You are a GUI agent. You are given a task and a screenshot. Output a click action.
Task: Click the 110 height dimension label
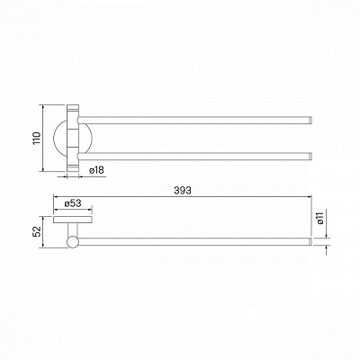click(36, 138)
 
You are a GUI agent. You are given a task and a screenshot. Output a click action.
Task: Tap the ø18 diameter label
click(96, 170)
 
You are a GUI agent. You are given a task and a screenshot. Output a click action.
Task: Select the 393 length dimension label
click(183, 190)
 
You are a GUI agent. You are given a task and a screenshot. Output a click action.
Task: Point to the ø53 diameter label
click(73, 203)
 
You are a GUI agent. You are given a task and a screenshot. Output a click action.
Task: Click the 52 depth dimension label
click(36, 231)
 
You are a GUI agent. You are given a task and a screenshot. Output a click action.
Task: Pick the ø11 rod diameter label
click(320, 218)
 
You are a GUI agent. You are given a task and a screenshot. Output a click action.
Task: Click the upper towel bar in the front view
click(194, 120)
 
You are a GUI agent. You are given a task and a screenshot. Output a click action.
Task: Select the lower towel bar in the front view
click(194, 156)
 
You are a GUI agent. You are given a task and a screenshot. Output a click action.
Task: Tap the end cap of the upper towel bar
click(310, 120)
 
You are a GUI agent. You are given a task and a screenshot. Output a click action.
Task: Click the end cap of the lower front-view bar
click(310, 156)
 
